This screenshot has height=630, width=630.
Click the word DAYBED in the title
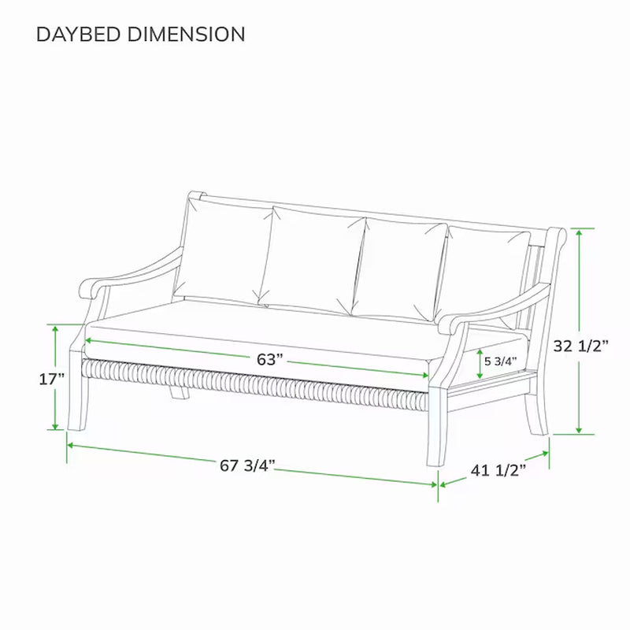click(78, 35)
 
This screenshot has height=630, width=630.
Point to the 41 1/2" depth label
click(498, 470)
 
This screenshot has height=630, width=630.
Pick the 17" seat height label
click(51, 379)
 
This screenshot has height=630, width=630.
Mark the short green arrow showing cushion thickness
click(480, 363)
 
